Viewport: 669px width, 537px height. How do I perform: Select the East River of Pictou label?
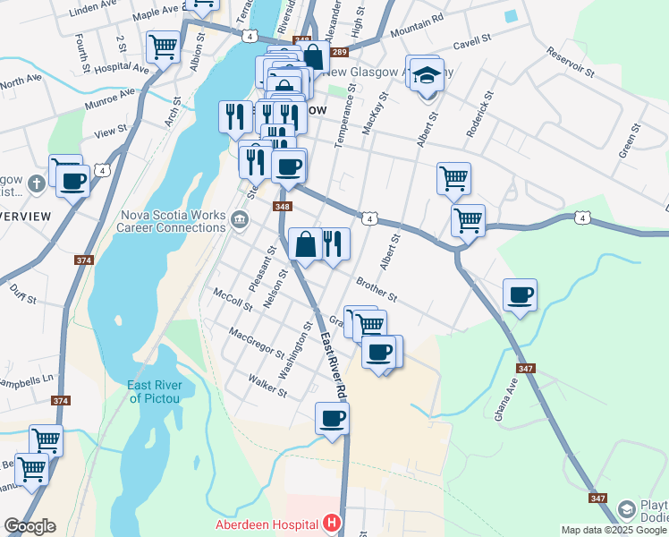click(155, 391)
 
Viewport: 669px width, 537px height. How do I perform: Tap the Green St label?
click(631, 141)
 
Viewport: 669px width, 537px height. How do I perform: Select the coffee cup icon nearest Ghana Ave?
click(520, 294)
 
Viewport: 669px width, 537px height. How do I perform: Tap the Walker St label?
click(268, 386)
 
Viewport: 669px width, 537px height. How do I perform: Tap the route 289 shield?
click(318, 55)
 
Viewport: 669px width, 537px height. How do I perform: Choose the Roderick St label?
click(478, 114)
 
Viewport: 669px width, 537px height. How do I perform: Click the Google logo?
click(30, 525)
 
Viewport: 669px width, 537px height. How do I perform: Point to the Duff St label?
click(20, 290)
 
